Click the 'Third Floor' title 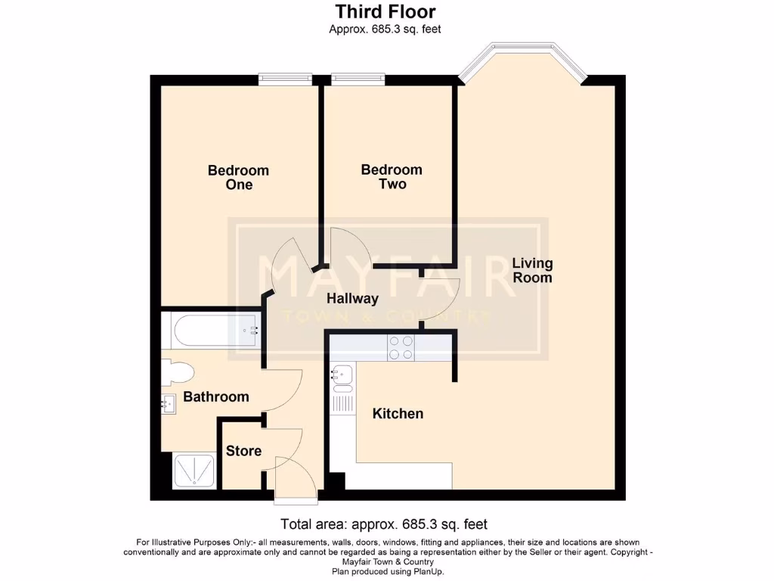pos(385,12)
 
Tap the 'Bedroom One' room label pos(238,178)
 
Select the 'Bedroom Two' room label pos(391,177)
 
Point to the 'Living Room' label pos(533,270)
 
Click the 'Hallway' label pos(352,299)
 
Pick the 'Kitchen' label pos(398,414)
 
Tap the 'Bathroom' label pos(216,396)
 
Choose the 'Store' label pos(243,451)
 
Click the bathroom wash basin pos(169,405)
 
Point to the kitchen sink pos(342,374)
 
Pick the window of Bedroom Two pos(358,79)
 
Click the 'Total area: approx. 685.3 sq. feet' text pos(384,524)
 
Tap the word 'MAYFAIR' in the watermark pos(387,277)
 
